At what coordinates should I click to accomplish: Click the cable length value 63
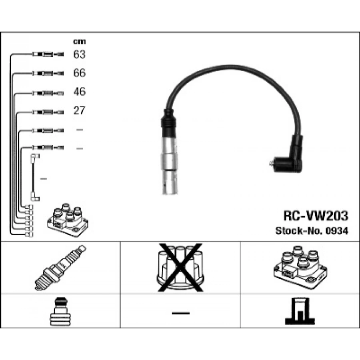pos(79,54)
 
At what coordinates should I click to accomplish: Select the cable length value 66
pos(80,73)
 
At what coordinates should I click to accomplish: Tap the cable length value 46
pos(80,92)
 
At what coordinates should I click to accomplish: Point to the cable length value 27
pos(79,110)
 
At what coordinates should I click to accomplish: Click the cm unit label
pos(79,42)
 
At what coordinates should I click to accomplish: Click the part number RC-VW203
pos(316,216)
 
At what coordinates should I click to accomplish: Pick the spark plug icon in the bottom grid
pos(60,268)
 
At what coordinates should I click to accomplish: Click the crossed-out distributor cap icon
pos(180,268)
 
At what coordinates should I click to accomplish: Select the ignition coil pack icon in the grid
pos(300,267)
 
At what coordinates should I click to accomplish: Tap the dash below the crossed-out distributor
pos(181,313)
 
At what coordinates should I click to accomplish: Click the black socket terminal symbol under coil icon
pos(300,311)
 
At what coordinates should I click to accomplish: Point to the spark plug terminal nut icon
pos(61,311)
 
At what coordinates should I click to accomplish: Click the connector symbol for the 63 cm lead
pos(48,54)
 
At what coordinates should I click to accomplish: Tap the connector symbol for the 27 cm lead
pos(48,112)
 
